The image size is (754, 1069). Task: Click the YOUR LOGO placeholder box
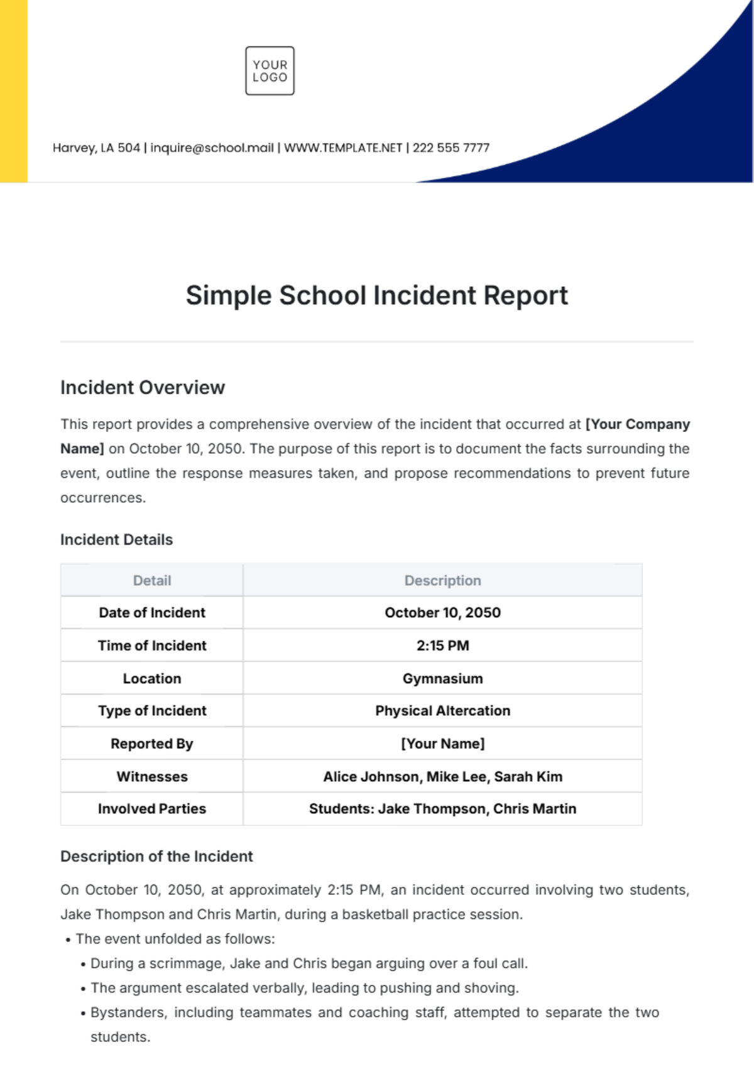click(x=270, y=71)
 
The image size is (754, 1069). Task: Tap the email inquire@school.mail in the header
click(x=212, y=148)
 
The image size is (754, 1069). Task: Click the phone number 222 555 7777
click(x=451, y=148)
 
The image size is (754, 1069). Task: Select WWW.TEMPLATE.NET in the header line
click(x=343, y=148)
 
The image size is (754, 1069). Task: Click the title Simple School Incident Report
click(x=376, y=295)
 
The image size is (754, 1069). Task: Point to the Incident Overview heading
click(x=143, y=388)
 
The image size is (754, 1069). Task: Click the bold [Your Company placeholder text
click(x=638, y=424)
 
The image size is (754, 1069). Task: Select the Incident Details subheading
click(x=116, y=540)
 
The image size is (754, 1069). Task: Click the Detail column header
click(x=152, y=581)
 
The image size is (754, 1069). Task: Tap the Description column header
click(x=442, y=581)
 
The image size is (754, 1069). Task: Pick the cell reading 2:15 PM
click(x=442, y=645)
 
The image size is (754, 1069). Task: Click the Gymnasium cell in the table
click(x=442, y=679)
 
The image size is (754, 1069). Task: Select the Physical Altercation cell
click(x=442, y=711)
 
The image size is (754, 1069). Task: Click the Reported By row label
click(x=152, y=743)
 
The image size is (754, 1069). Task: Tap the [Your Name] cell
click(x=442, y=743)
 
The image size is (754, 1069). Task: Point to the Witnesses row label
click(x=152, y=777)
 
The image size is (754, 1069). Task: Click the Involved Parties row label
click(x=152, y=809)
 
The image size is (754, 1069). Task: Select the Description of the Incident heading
click(x=156, y=857)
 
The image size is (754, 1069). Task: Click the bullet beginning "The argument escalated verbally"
click(x=305, y=988)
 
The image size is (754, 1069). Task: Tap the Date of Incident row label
click(x=152, y=613)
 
